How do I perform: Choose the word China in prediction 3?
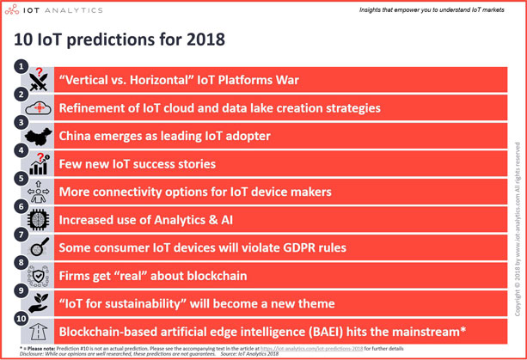pyautogui.click(x=78, y=136)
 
